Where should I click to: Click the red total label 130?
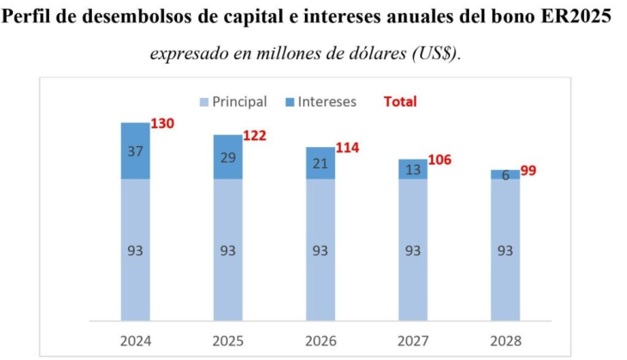[162, 124]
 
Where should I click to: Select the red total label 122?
[255, 136]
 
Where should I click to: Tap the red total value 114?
[347, 148]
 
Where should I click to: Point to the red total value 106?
[439, 160]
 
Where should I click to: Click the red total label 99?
[528, 171]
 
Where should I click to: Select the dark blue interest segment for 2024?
[135, 150]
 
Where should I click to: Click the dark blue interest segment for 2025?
[228, 157]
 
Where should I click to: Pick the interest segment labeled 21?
[320, 163]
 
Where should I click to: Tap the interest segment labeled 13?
[412, 169]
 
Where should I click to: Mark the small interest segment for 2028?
[505, 174]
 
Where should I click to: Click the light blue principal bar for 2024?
[135, 250]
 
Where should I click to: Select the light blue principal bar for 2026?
[320, 250]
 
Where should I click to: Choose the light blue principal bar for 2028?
[505, 250]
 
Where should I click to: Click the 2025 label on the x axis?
[228, 340]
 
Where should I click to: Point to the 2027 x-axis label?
[412, 340]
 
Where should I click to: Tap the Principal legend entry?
[233, 102]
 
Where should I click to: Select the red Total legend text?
[399, 102]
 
